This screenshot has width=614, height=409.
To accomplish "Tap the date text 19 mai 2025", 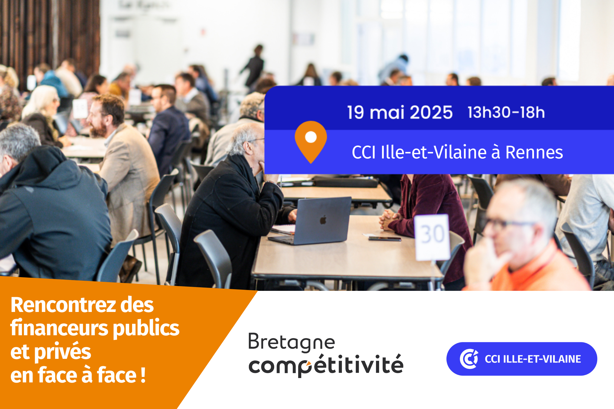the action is [400, 112].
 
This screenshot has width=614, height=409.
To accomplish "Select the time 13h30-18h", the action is [506, 112].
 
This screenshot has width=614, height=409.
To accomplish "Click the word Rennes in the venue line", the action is [534, 152].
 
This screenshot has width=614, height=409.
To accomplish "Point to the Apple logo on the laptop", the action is [323, 220].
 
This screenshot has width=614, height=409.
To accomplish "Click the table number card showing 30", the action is [433, 237].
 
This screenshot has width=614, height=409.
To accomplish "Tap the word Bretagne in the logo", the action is [291, 342].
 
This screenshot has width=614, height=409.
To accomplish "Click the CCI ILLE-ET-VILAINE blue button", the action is [522, 359].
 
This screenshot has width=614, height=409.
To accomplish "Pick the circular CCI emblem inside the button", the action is [469, 359].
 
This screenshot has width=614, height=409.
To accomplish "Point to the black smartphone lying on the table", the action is [385, 239].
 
